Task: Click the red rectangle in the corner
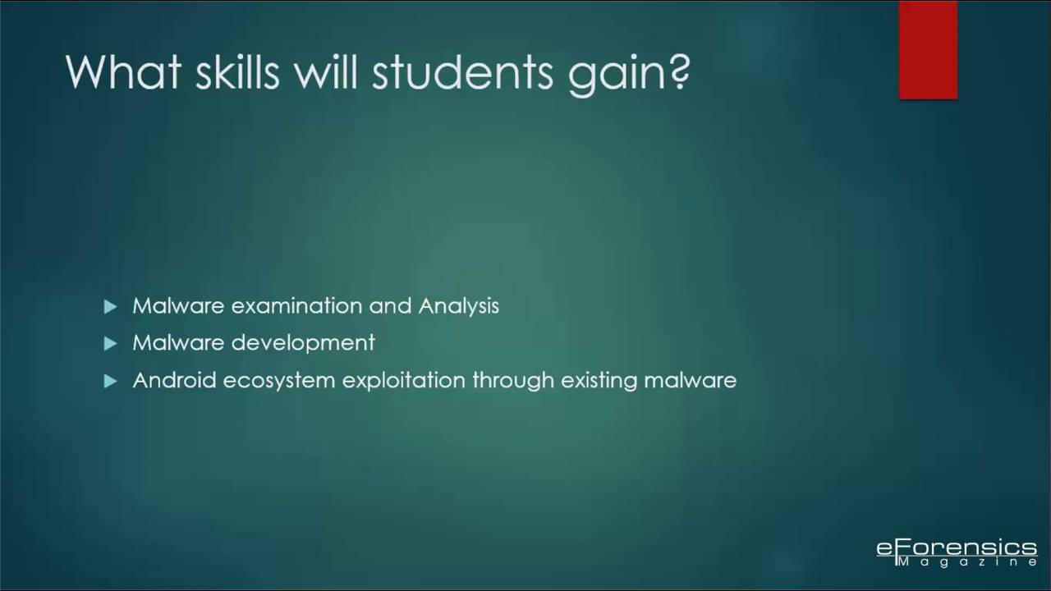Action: [x=928, y=50]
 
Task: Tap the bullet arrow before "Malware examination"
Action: [x=111, y=307]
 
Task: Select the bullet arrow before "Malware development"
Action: [x=111, y=344]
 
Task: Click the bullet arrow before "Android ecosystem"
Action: [x=111, y=381]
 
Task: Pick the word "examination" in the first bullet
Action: [x=296, y=306]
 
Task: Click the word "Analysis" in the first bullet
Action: [x=458, y=306]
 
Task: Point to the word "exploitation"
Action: [x=403, y=381]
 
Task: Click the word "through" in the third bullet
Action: [x=512, y=381]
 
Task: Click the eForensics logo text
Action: [x=957, y=547]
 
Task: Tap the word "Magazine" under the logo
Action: [x=966, y=562]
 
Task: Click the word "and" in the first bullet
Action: [x=390, y=306]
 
